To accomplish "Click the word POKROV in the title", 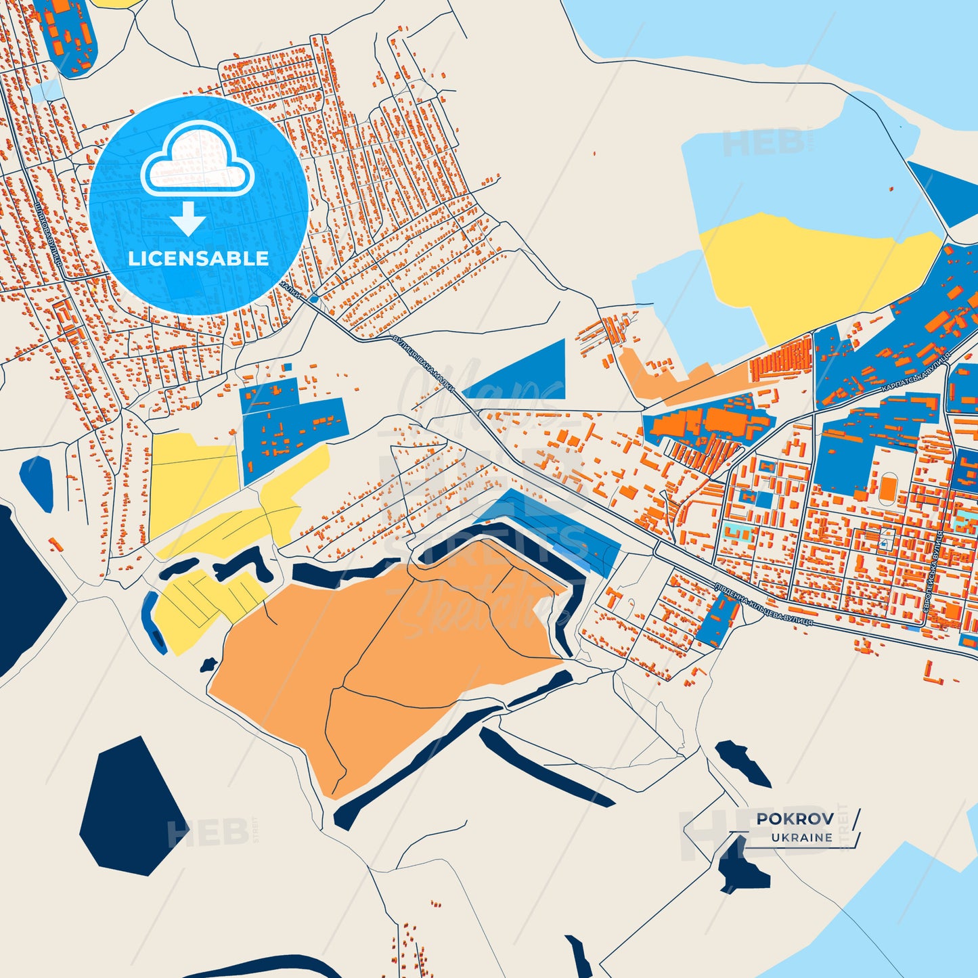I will [x=795, y=818].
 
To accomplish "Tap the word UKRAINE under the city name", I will [x=802, y=837].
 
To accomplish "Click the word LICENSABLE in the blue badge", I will [x=198, y=258].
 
